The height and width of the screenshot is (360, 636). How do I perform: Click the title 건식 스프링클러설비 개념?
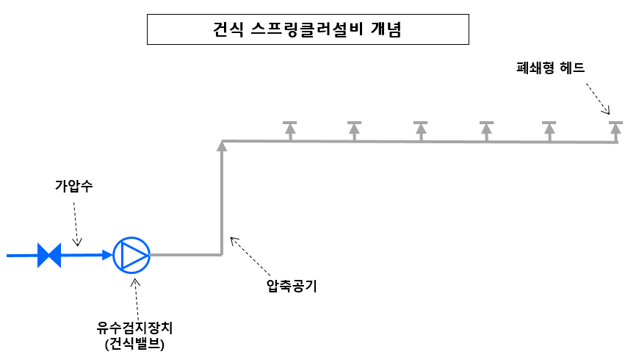pos(308,31)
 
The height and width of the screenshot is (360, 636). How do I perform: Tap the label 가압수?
pos(73,186)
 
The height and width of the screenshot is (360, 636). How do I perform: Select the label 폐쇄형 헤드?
pos(550,68)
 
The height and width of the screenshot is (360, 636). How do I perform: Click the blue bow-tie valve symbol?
pos(49,256)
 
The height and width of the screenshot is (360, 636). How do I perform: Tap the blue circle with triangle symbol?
pos(132,256)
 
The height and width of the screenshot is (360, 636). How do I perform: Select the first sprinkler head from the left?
pos(290,129)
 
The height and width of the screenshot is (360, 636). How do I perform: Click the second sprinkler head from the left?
pos(354,129)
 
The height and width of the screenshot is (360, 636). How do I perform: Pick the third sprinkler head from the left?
pos(420,129)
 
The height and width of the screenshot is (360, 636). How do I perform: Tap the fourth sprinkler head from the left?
pos(485,129)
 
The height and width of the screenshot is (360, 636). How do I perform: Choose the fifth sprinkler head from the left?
pos(549,129)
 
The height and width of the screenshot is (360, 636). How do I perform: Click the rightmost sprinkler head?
pos(615,129)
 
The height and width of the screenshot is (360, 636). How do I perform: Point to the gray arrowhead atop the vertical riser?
pos(222,146)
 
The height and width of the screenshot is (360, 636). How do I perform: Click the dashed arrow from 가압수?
pos(76,223)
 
